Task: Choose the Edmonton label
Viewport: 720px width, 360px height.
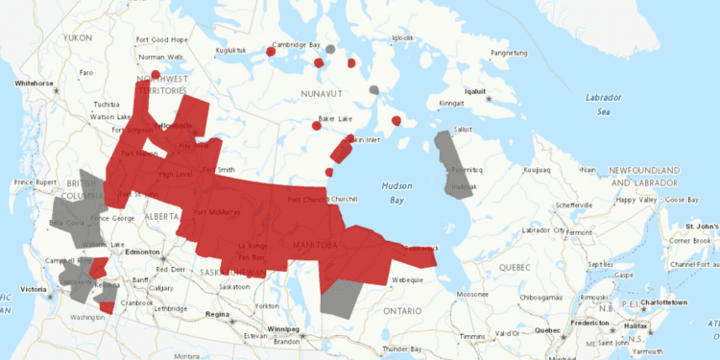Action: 141,252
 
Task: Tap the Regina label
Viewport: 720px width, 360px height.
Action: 217,314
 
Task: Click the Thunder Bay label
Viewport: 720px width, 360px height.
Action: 401,348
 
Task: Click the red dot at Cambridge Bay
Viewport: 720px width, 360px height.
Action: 271,53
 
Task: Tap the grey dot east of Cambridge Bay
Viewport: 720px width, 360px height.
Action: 329,49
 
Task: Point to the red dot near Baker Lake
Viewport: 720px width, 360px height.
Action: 317,125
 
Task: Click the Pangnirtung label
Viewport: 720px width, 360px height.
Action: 511,53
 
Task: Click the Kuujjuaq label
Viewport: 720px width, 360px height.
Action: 537,170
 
